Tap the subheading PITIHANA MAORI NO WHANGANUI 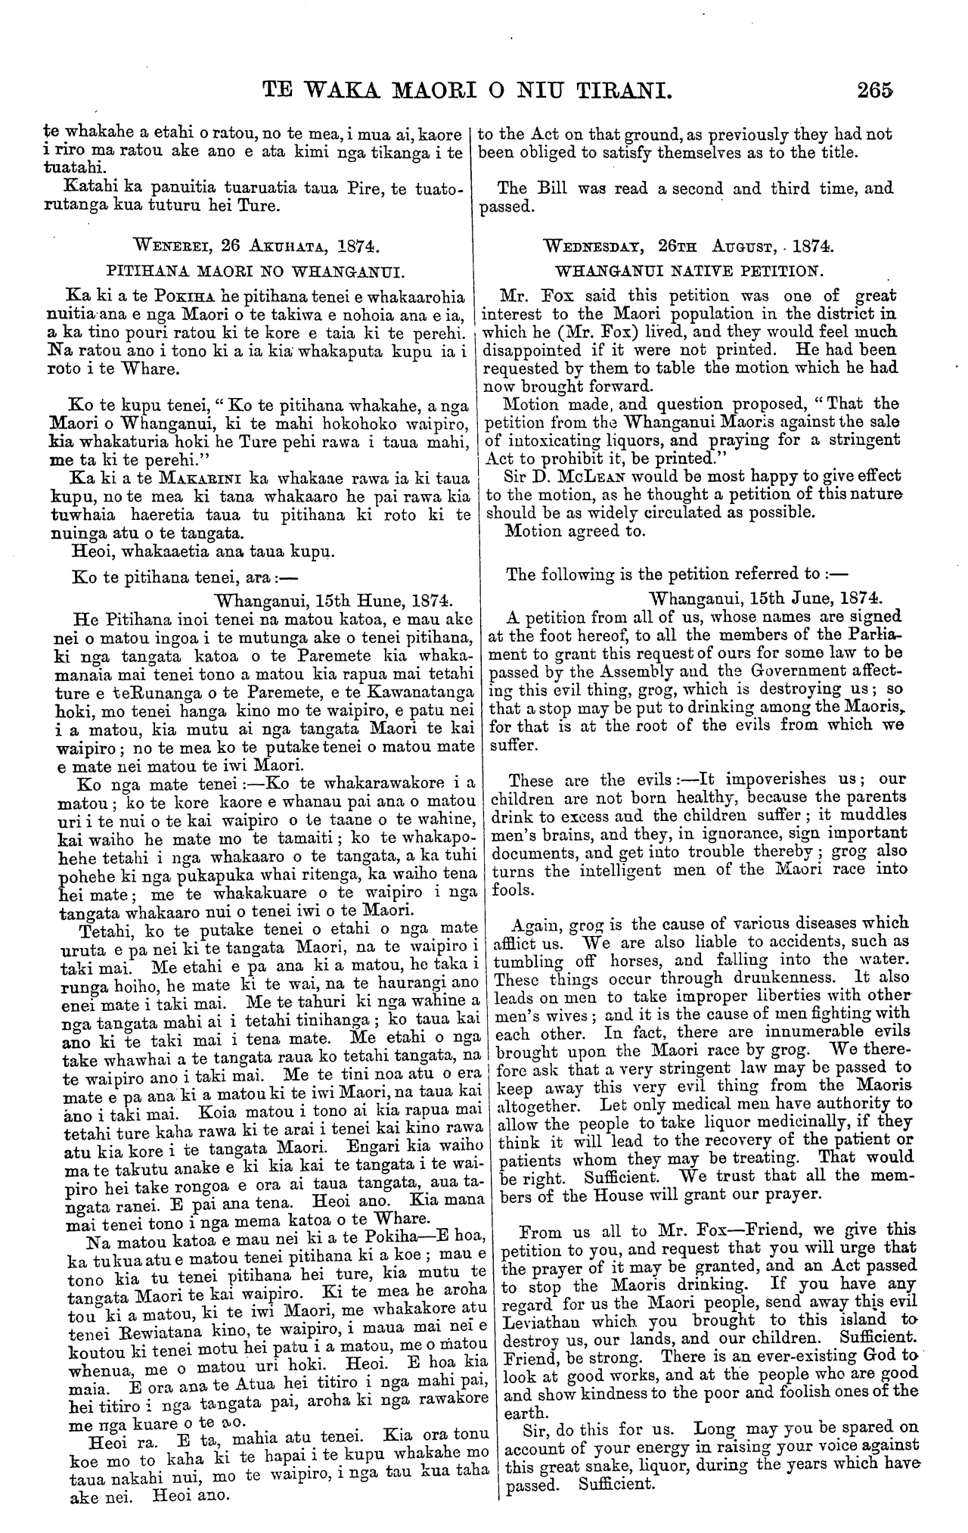click(x=256, y=270)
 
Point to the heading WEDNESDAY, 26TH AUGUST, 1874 click(x=697, y=247)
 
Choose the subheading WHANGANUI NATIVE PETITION click(x=697, y=270)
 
